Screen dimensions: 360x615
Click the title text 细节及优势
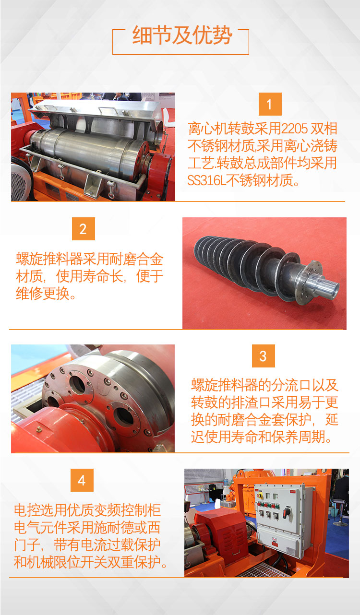(182, 35)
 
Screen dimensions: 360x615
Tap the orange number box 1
(270, 104)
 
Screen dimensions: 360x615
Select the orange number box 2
(84, 229)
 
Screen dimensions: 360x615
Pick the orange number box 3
(263, 356)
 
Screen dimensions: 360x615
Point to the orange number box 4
(82, 480)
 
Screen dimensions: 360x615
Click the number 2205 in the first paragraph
(294, 129)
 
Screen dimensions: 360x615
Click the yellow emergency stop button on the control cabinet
(259, 495)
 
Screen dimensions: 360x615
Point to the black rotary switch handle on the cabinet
(287, 512)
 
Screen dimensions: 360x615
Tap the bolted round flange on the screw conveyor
(311, 283)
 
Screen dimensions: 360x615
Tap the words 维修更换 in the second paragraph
(43, 293)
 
